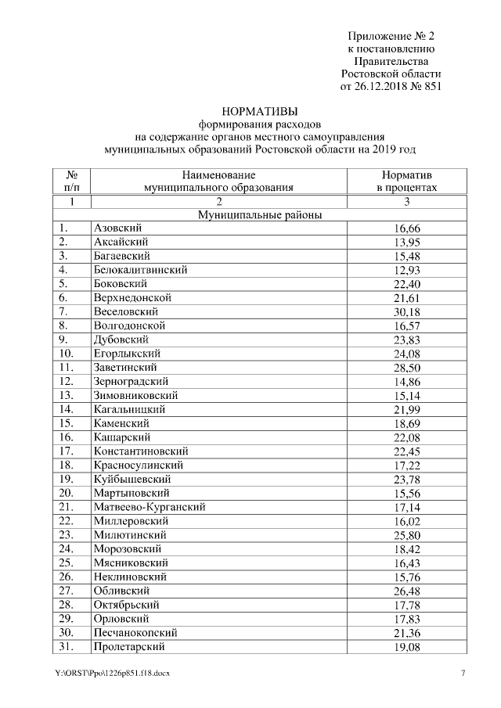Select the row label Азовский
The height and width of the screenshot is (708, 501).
117,228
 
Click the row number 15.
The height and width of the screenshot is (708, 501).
66,423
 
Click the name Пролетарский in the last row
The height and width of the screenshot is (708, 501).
129,647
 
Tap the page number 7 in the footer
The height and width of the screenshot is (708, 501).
463,674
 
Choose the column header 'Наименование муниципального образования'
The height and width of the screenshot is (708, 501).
218,181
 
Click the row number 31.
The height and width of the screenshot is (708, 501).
66,647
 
